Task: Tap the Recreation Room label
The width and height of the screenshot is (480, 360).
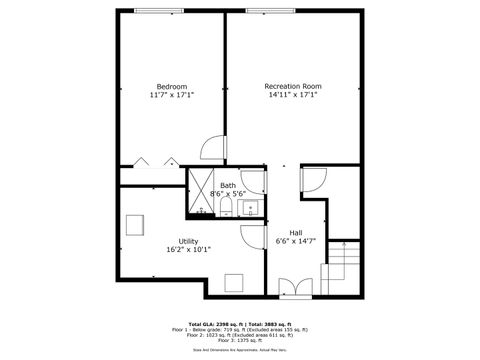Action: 292,86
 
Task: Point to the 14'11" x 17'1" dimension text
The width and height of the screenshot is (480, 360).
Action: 292,96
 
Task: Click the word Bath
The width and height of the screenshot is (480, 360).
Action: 228,185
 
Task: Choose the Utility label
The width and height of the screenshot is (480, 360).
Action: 188,242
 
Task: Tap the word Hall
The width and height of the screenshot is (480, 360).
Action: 296,233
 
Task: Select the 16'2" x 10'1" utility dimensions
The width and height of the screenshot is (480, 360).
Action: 188,251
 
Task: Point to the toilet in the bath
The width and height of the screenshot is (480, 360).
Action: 227,208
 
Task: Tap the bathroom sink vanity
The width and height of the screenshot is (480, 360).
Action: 249,208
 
